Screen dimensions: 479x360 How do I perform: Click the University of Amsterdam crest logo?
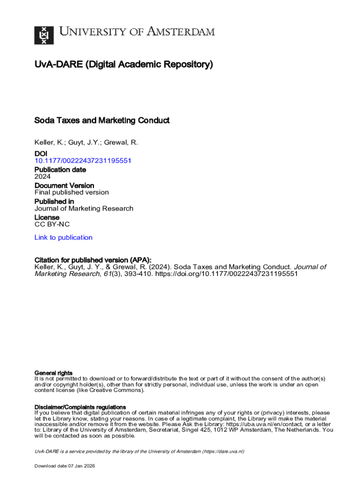[x=44, y=35]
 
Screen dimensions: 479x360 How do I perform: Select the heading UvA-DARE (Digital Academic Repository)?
[x=123, y=65]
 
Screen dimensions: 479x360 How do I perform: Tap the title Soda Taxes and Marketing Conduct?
[x=102, y=121]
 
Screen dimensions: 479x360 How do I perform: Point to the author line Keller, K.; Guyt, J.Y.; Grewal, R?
[x=86, y=143]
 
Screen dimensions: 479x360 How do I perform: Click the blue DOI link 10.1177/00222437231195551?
[x=83, y=160]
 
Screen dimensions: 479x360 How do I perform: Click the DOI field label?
[x=41, y=153]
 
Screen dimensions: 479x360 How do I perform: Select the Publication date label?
[x=60, y=169]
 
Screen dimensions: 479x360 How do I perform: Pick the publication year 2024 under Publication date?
[x=43, y=176]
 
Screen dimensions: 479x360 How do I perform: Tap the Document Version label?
[x=64, y=185]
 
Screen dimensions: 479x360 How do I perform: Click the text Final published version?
[x=72, y=192]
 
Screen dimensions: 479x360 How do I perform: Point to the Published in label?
[x=54, y=201]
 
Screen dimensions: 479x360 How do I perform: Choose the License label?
[x=47, y=218]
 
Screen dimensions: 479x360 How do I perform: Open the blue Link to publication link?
[x=64, y=238]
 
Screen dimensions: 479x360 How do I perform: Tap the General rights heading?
[x=54, y=373]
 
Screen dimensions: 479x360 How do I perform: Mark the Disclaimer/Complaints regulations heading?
[x=80, y=407]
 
